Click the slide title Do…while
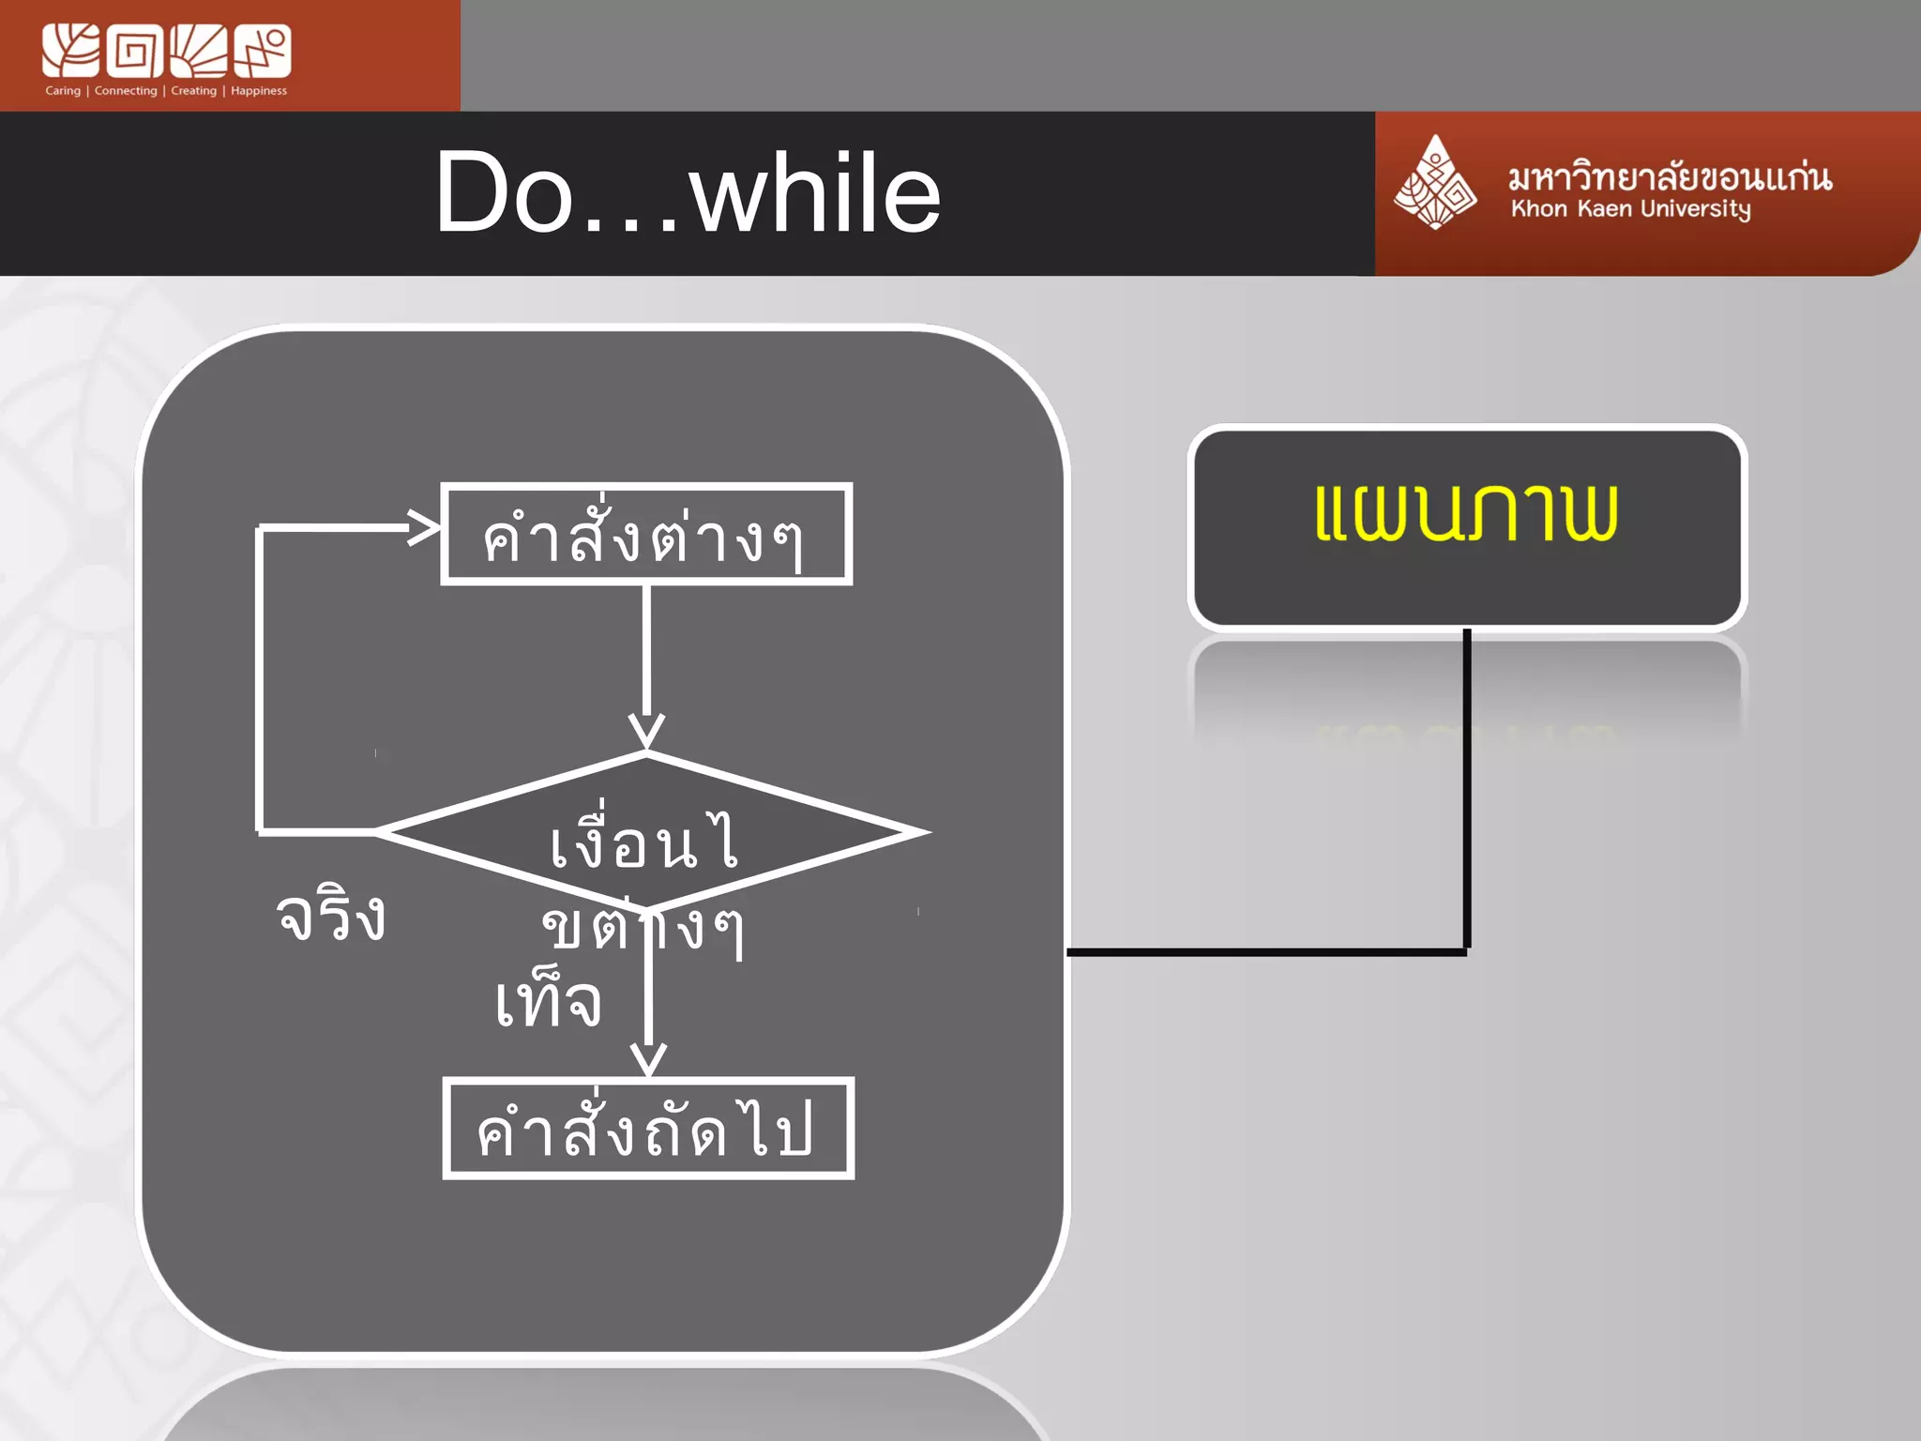(688, 193)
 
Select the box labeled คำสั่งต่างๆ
(645, 535)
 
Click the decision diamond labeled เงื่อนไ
(647, 834)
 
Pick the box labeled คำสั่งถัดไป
(647, 1129)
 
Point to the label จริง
(331, 916)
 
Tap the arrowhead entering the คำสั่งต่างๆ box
(424, 527)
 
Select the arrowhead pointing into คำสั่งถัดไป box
(648, 1058)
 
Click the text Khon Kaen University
(1630, 209)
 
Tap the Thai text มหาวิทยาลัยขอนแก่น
(1670, 175)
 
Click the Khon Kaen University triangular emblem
(1434, 184)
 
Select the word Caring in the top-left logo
(63, 91)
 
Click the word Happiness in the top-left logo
(259, 91)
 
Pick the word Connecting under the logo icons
(126, 91)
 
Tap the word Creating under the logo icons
(193, 91)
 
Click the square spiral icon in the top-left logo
(134, 52)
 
